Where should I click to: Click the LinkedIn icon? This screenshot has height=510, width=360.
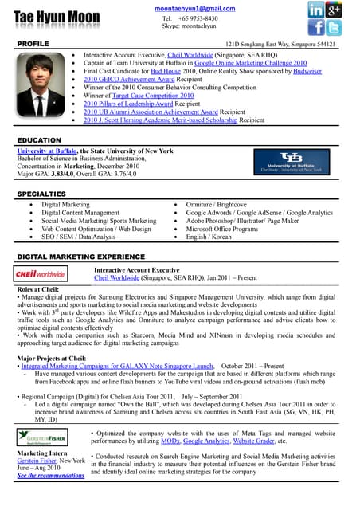tap(316, 10)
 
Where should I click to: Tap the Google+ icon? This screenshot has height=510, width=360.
tap(335, 10)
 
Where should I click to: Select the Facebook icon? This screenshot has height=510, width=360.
tap(316, 28)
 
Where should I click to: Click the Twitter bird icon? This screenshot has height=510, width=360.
tap(335, 28)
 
